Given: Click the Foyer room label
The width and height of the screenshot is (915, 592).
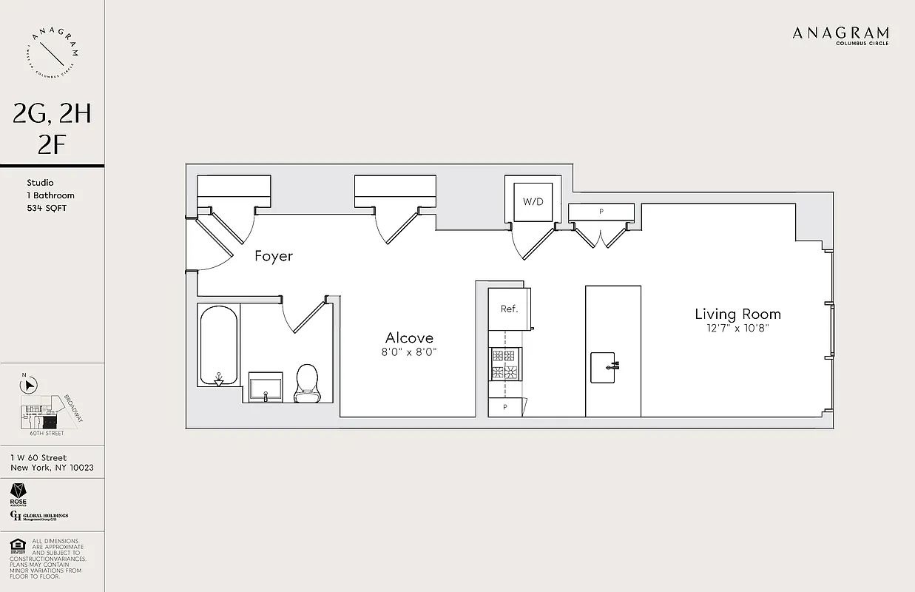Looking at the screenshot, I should [x=274, y=256].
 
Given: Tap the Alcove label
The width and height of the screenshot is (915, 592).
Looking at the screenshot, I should [x=409, y=337].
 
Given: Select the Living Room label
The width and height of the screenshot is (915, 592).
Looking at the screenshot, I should [x=737, y=314].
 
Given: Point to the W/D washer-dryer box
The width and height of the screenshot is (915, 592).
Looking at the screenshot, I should [x=533, y=201].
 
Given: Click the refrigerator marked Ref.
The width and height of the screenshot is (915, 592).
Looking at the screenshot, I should [x=509, y=309].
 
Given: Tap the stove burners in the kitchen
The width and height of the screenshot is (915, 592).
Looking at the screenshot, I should [x=505, y=364].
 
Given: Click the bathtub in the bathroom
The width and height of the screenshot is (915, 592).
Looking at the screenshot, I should [x=218, y=346].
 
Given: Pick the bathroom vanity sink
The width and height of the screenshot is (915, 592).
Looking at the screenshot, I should [x=266, y=388].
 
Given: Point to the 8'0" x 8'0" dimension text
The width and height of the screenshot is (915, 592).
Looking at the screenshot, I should [x=409, y=353].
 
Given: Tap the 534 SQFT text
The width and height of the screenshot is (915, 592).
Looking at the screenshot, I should [x=47, y=208].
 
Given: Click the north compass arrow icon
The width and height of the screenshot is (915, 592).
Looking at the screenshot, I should [x=29, y=385].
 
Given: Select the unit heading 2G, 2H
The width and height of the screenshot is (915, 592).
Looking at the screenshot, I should [x=52, y=113].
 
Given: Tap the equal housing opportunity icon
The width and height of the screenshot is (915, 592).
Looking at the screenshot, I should [x=16, y=547].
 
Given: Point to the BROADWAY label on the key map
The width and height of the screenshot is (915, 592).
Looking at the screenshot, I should [x=74, y=408].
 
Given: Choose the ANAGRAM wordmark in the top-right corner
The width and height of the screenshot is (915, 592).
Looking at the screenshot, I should [x=840, y=33].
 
